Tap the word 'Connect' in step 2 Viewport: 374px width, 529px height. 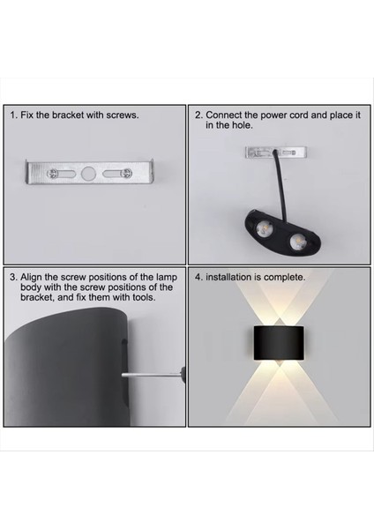(x=223, y=115)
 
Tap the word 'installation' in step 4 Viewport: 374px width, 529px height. (x=228, y=277)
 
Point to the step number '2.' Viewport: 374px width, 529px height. (x=198, y=115)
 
